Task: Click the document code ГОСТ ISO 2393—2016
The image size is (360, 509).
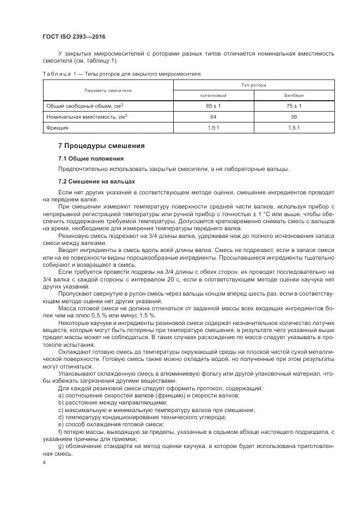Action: tap(74, 36)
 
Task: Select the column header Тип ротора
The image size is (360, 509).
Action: tap(254, 85)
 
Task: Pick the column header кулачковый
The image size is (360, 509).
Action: tap(213, 95)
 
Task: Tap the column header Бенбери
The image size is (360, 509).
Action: tap(294, 95)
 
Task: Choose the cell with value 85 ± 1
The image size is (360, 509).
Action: tap(213, 106)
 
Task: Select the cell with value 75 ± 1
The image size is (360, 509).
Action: tap(294, 106)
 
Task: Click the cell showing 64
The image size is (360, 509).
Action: tap(213, 116)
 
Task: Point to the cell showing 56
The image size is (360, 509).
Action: tap(294, 116)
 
